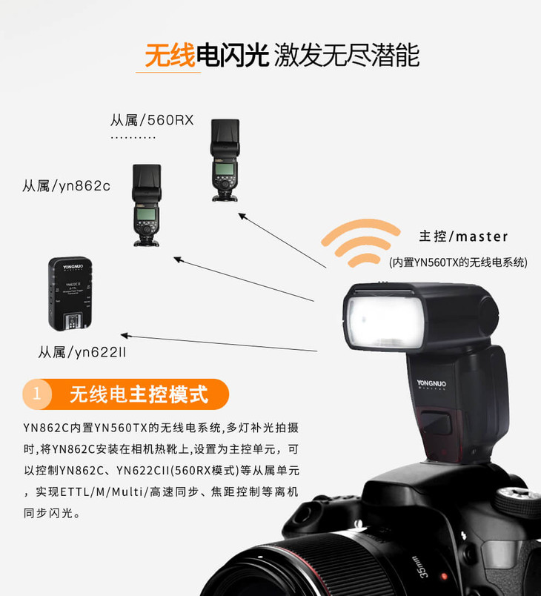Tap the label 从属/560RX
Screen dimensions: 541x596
tap(152, 120)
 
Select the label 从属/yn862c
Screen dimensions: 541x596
tap(67, 186)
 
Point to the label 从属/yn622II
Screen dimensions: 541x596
tap(82, 352)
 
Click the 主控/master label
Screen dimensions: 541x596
tap(463, 236)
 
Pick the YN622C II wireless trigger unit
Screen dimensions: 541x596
tap(70, 294)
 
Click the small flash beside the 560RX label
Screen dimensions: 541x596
tap(225, 160)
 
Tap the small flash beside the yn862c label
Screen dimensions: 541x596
tap(147, 205)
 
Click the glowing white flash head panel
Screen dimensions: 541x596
tap(385, 322)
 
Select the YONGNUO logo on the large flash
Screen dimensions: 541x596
tap(431, 383)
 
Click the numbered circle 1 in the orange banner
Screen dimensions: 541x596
tap(37, 394)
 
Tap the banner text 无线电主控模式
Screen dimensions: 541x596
tap(139, 394)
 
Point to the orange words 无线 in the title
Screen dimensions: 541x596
tap(170, 56)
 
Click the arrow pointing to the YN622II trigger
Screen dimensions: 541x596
tap(219, 343)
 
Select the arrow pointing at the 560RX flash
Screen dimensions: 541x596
tap(282, 241)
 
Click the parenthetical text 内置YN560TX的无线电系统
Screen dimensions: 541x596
tap(459, 262)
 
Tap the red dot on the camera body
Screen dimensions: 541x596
tap(444, 577)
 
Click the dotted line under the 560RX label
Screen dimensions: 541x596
tap(133, 138)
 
